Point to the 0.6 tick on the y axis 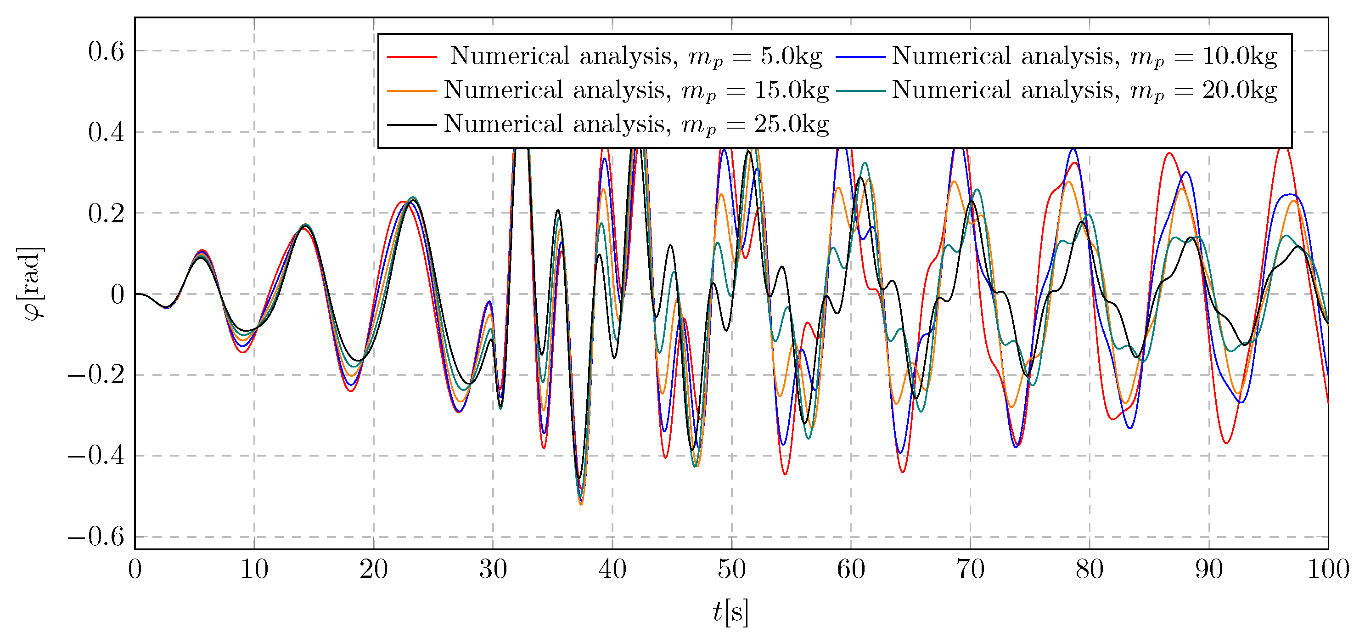coord(106,51)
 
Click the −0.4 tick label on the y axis coord(96,456)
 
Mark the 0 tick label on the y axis coord(117,294)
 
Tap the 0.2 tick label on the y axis coord(106,213)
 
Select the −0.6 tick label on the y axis coord(96,537)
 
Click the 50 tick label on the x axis coord(732,570)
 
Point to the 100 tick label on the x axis coord(1328,570)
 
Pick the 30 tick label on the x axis coord(493,570)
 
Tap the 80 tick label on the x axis coord(1090,570)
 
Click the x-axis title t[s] coord(731,612)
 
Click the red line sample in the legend coord(412,56)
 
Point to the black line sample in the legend coord(412,124)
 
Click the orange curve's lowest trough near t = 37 coord(581,504)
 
